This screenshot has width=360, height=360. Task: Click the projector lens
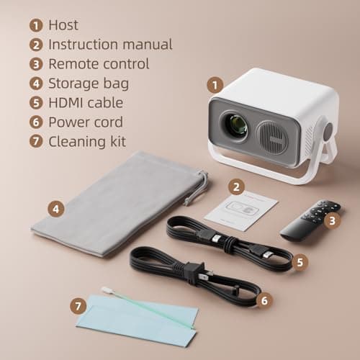click(x=235, y=127)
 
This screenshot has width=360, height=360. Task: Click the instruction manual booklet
click(x=240, y=210)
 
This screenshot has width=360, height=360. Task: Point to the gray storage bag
click(x=115, y=202)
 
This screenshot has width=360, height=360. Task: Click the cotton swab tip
click(x=107, y=290)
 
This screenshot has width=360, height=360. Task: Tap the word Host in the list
click(x=63, y=25)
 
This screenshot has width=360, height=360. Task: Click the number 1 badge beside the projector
click(x=214, y=85)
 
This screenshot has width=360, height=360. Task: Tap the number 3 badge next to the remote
click(x=331, y=221)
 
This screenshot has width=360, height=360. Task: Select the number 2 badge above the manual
click(x=235, y=186)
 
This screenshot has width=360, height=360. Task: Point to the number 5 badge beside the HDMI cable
click(x=301, y=263)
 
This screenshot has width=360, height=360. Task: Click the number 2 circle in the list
click(x=35, y=45)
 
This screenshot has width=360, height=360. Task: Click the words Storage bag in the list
click(x=89, y=83)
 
